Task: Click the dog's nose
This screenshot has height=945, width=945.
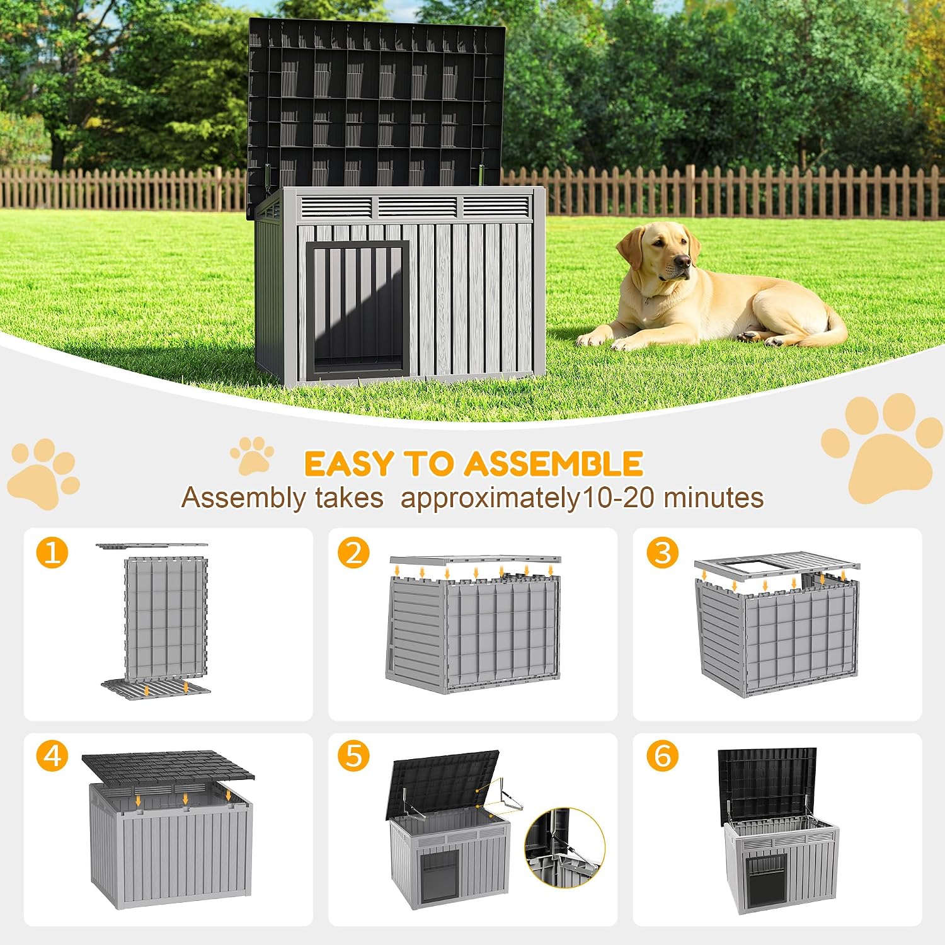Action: pos(682,260)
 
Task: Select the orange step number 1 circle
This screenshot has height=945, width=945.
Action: pos(52,553)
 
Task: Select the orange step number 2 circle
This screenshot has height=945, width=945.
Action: pos(353,553)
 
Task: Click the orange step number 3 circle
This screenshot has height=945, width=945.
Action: pos(663,553)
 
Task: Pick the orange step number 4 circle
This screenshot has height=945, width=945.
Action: pos(52,755)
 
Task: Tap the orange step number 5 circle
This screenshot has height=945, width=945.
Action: pos(353,755)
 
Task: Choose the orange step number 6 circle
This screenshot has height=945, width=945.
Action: pos(663,755)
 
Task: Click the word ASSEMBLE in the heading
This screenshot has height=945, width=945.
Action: pos(554,464)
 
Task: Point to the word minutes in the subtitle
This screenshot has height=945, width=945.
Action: pos(714,498)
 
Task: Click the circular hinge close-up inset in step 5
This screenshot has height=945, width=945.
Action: pos(564,847)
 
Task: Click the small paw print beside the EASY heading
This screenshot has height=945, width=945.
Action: pos(252,455)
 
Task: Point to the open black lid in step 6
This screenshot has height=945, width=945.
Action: pos(768,785)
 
